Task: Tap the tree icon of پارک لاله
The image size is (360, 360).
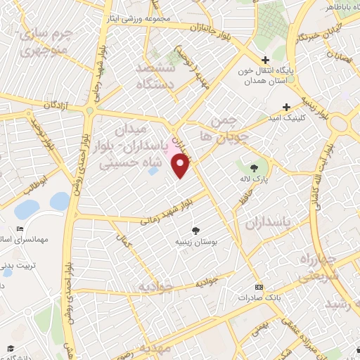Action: (x=254, y=167)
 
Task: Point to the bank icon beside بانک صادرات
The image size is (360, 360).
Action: (x=259, y=288)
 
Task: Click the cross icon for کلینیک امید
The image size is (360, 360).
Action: (x=286, y=106)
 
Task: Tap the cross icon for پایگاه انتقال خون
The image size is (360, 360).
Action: (x=265, y=60)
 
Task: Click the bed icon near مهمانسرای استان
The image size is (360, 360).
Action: (x=20, y=229)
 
